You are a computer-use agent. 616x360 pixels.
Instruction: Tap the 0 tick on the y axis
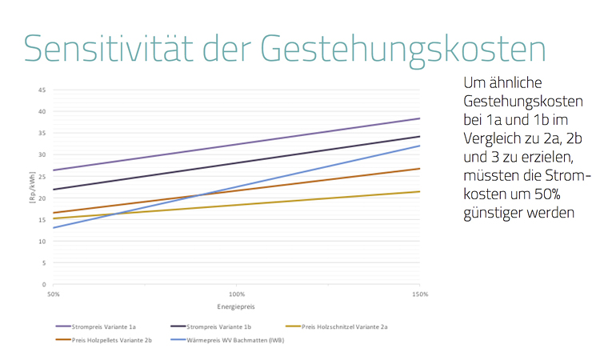click(43, 284)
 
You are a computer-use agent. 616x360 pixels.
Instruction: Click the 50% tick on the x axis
click(53, 294)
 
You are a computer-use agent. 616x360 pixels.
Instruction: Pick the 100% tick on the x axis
click(236, 294)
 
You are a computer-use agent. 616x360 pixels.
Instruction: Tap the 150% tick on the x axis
click(419, 294)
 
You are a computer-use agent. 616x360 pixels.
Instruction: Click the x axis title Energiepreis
click(236, 307)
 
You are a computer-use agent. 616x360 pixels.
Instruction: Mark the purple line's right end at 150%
click(419, 118)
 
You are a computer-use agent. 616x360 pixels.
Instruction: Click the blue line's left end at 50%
click(53, 228)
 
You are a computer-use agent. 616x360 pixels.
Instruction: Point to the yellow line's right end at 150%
click(419, 191)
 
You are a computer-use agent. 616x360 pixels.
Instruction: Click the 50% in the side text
click(562, 196)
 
